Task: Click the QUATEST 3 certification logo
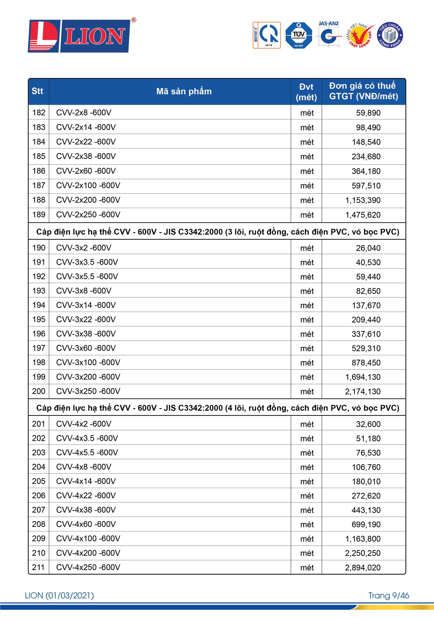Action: click(267, 35)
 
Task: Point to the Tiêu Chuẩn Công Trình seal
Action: click(390, 35)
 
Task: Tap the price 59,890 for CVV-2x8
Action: click(368, 113)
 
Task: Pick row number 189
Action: click(39, 215)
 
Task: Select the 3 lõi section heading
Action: click(217, 232)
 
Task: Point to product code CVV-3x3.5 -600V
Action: click(87, 262)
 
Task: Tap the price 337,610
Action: click(366, 334)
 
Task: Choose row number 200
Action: click(39, 391)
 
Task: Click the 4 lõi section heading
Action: click(217, 408)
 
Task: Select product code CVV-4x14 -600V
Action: click(86, 481)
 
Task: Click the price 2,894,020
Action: click(363, 567)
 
